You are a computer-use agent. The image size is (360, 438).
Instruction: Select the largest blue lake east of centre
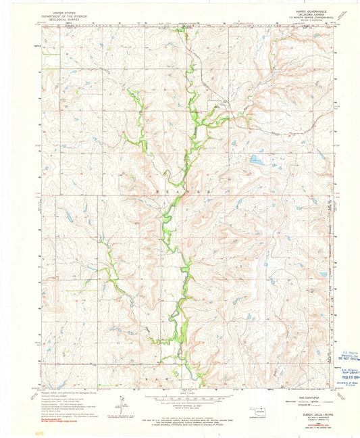[258, 160]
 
